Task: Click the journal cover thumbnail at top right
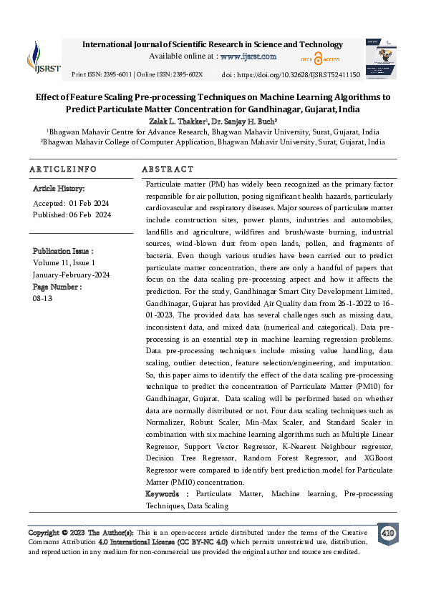pyautogui.click(x=380, y=58)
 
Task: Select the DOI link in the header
pyautogui.click(x=309, y=74)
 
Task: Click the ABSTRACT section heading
pyautogui.click(x=168, y=169)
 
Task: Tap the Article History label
pyautogui.click(x=59, y=189)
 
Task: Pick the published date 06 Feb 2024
pyautogui.click(x=90, y=214)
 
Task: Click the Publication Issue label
pyautogui.click(x=63, y=252)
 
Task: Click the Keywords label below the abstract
pyautogui.click(x=168, y=494)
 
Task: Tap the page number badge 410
pyautogui.click(x=387, y=533)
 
